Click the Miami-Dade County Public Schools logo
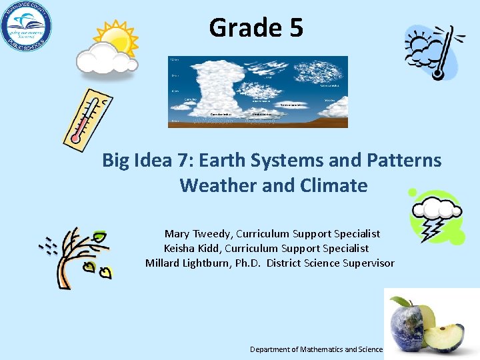pos(26,27)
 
